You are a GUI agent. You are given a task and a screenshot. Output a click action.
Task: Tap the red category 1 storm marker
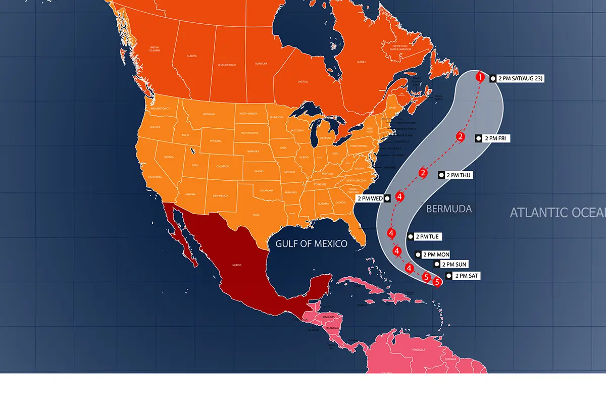tap(480, 77)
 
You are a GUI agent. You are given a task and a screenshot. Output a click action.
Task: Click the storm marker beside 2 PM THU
tap(423, 173)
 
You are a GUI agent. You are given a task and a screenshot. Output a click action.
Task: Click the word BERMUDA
tap(449, 209)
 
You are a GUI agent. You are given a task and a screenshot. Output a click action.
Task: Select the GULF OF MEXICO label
tap(311, 244)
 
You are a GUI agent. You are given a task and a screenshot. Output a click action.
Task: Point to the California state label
tap(155, 177)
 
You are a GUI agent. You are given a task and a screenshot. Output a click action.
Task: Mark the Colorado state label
tap(222, 165)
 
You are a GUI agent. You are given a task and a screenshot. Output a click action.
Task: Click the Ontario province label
tap(302, 81)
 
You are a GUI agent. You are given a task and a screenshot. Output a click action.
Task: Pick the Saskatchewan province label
tap(226, 65)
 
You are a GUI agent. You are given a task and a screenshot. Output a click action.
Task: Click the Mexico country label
tap(237, 265)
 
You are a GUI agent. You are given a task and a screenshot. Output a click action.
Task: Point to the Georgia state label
tap(340, 202)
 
